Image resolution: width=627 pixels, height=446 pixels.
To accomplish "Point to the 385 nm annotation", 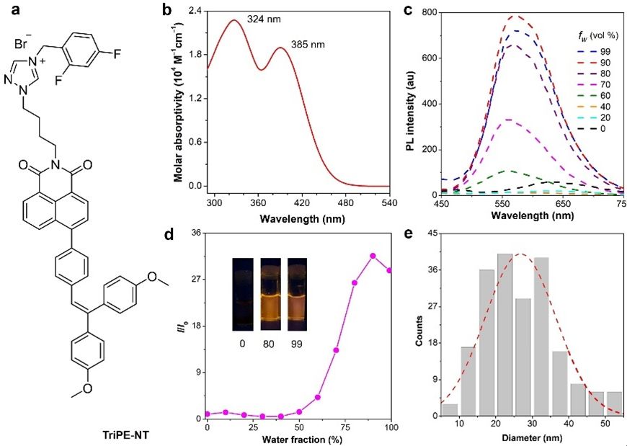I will pyautogui.click(x=308, y=45).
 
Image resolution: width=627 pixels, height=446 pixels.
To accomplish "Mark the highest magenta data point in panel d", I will pyautogui.click(x=373, y=256).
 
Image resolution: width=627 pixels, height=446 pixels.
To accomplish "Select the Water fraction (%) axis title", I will pyautogui.click(x=296, y=440).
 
